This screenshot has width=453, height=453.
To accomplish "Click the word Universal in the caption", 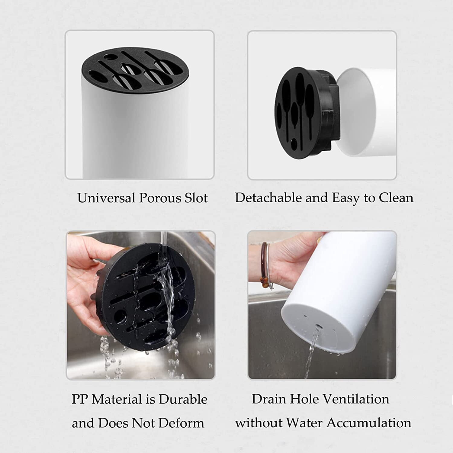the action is click(x=106, y=198).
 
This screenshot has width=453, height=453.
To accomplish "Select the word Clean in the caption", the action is click(x=396, y=198).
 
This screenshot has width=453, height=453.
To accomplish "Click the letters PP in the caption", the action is click(x=80, y=399).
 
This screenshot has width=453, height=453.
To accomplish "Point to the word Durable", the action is click(x=183, y=399).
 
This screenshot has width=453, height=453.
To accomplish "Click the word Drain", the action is click(x=270, y=399).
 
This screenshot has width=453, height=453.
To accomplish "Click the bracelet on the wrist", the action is click(x=265, y=266).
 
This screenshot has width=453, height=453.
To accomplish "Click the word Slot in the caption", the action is click(x=196, y=198).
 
